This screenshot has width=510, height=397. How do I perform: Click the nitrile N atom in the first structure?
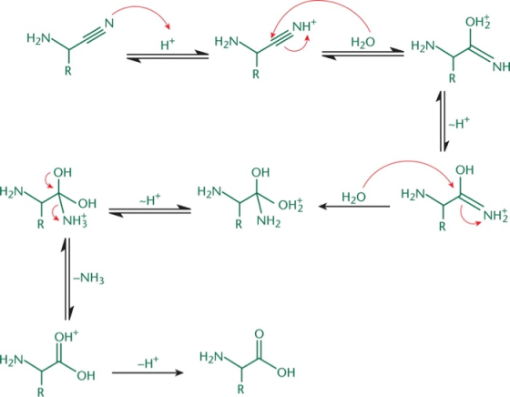pyautogui.click(x=109, y=23)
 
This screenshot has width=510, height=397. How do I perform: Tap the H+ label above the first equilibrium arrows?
pyautogui.click(x=168, y=45)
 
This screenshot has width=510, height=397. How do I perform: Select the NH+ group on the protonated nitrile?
pyautogui.click(x=304, y=25)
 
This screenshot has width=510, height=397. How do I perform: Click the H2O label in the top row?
pyautogui.click(x=363, y=42)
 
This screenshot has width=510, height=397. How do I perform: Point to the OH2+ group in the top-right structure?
pyautogui.click(x=478, y=23)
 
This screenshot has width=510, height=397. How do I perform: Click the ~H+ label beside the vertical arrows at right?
pyautogui.click(x=459, y=123)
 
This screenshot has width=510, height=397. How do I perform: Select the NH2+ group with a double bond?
pyautogui.click(x=495, y=216)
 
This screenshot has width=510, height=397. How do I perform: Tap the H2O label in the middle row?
pyautogui.click(x=354, y=197)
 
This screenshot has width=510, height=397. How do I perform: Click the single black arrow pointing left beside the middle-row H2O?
pyautogui.click(x=354, y=206)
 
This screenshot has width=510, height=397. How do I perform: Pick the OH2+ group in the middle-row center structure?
pyautogui.click(x=291, y=205)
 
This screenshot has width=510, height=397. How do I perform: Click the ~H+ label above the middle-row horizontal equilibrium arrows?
pyautogui.click(x=150, y=199)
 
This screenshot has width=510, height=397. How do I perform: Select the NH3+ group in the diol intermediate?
pyautogui.click(x=75, y=220)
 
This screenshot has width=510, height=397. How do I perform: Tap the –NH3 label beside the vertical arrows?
pyautogui.click(x=88, y=279)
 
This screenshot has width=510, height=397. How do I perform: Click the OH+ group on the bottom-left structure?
pyautogui.click(x=66, y=336)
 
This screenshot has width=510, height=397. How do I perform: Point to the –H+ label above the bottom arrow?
pyautogui.click(x=148, y=362)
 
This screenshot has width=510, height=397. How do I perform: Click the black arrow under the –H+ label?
pyautogui.click(x=148, y=372)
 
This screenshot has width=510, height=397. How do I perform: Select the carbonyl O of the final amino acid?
pyautogui.click(x=260, y=334)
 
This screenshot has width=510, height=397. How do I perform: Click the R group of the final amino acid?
pyautogui.click(x=240, y=389)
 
